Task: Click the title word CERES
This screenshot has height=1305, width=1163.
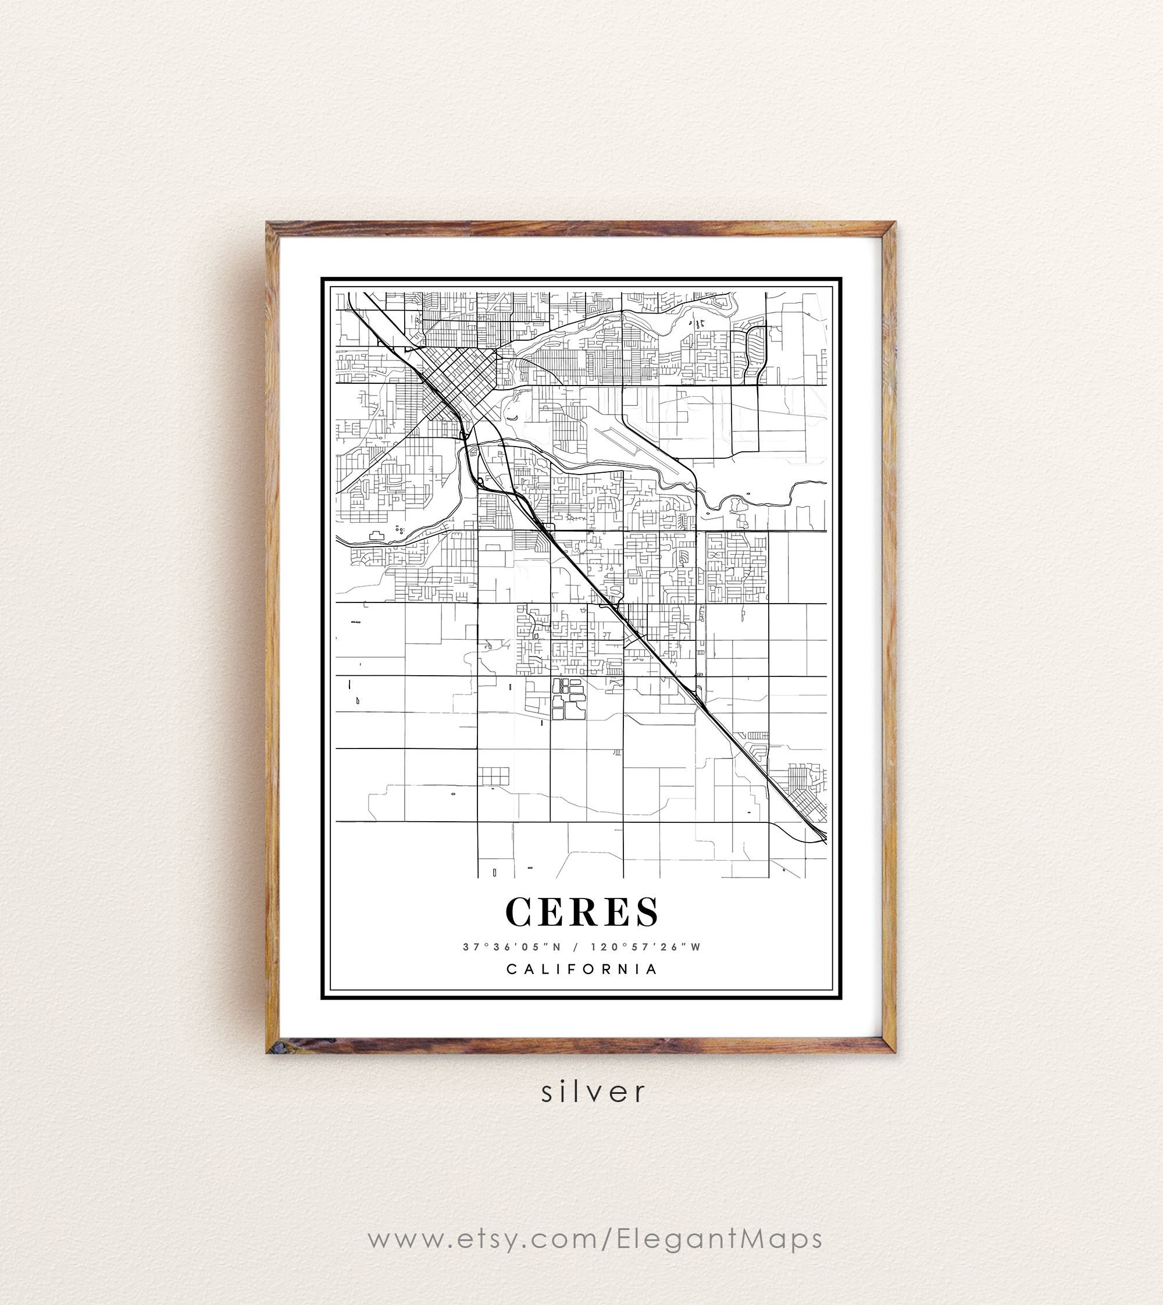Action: point(581,912)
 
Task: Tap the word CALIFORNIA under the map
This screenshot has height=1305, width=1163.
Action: point(581,969)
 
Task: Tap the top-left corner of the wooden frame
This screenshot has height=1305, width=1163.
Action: point(271,227)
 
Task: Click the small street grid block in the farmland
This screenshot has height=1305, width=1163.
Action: point(493,776)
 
